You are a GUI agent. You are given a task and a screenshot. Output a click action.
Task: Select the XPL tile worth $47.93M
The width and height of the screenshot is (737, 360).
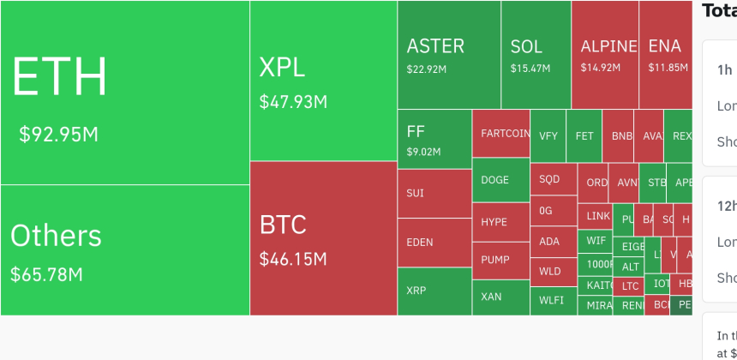pos(323,81)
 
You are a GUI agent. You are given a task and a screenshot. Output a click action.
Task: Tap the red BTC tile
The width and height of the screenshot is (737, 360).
pos(323,238)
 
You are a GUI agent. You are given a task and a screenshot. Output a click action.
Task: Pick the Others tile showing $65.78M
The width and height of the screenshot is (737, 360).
pos(124,250)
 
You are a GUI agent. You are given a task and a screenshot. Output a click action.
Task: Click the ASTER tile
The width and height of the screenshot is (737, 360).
pos(448,55)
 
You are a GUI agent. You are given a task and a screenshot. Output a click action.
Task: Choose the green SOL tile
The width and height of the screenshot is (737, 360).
pos(536,55)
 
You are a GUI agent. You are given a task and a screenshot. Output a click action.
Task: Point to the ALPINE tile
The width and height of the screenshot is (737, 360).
pos(604,55)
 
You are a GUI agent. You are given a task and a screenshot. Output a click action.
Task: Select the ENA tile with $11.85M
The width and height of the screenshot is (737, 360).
pos(666,55)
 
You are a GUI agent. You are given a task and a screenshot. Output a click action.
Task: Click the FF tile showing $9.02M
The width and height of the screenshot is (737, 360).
pos(434,139)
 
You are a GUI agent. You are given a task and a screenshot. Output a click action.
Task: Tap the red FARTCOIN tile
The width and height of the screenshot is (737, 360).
pos(500,134)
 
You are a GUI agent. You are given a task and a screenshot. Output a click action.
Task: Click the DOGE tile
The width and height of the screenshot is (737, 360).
pos(500,180)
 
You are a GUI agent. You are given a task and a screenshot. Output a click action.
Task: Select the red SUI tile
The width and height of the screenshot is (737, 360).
pos(434,193)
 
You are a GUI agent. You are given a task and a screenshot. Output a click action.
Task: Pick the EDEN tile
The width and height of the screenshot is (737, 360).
pos(434,242)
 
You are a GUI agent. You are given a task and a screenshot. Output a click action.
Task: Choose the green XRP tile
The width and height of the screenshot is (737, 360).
pos(434,291)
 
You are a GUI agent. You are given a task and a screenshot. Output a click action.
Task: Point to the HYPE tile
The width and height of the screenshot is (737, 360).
pos(500,221)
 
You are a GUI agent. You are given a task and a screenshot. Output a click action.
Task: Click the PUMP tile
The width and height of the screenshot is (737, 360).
pos(500,260)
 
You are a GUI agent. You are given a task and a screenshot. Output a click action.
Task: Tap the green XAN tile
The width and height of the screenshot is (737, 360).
pos(500,297)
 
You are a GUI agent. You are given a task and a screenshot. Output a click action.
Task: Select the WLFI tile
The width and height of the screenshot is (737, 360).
pos(553,300)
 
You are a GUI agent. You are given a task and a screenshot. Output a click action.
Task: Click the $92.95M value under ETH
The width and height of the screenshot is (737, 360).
pos(59,135)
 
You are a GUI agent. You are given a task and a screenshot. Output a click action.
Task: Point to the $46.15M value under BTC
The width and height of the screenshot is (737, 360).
pos(293,258)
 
